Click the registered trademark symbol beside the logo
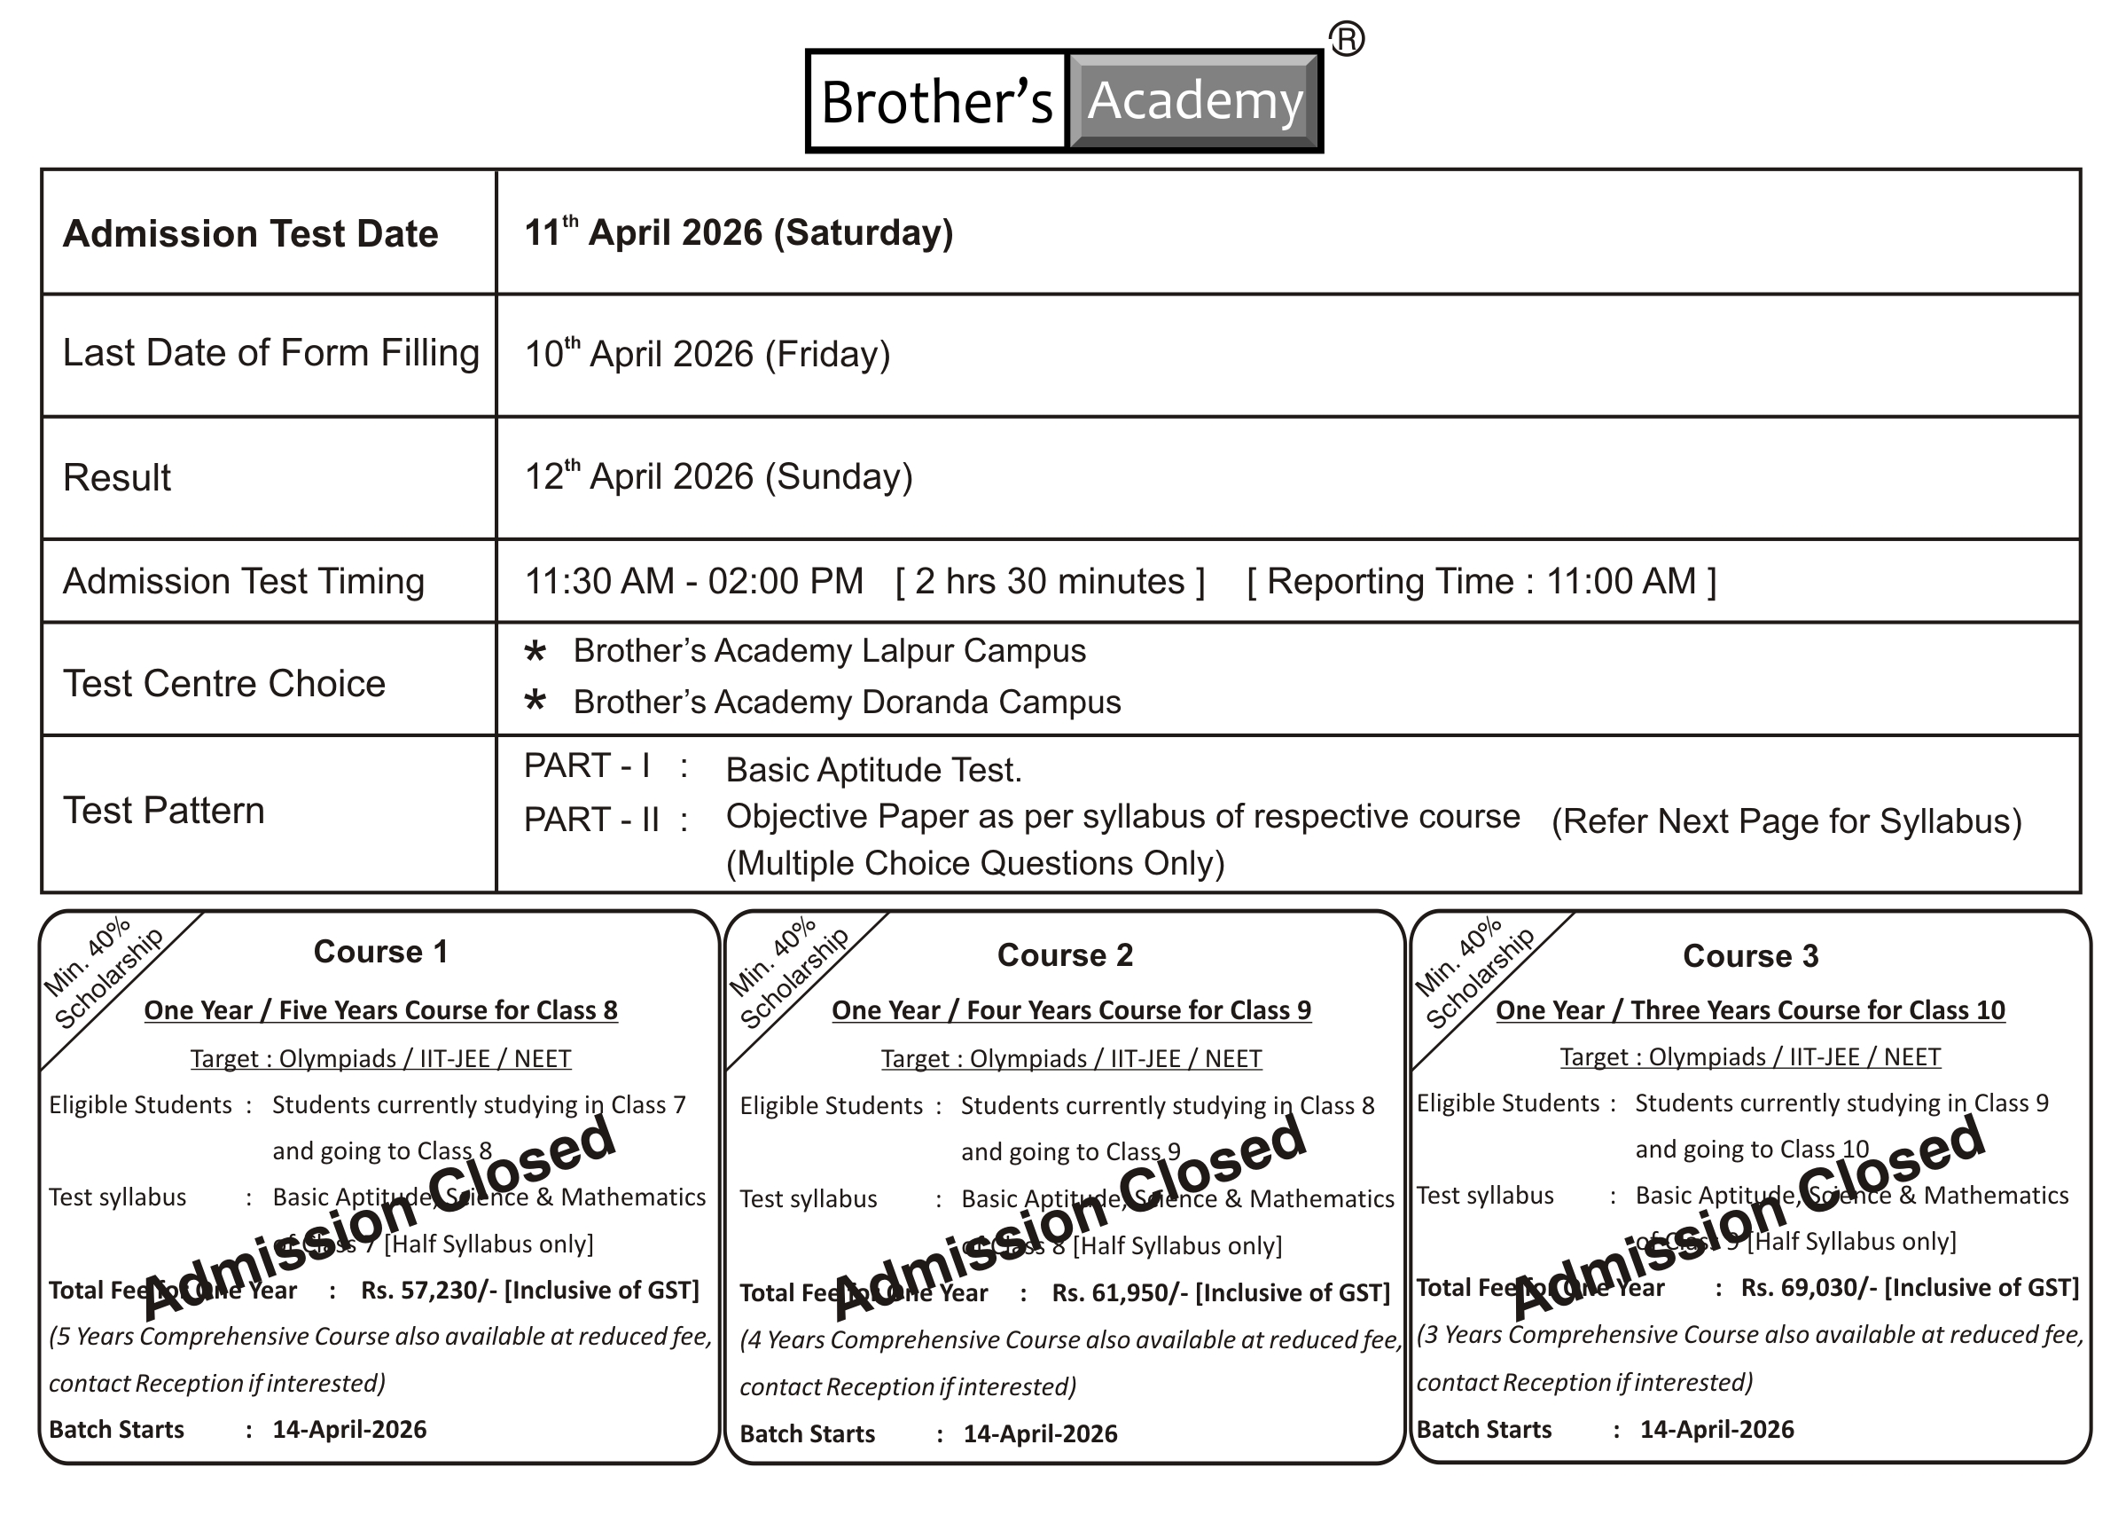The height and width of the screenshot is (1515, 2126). pos(1347,39)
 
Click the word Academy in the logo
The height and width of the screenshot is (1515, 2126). pos(1194,101)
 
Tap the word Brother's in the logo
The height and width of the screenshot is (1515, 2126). pos(936,102)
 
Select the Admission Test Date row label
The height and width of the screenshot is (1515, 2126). pos(250,233)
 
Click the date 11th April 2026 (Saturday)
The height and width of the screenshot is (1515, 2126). pos(739,232)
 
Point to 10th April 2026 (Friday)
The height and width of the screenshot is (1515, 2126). pos(707,354)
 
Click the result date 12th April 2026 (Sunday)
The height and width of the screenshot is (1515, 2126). pos(718,475)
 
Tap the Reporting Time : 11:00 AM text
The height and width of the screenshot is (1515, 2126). pos(1481,581)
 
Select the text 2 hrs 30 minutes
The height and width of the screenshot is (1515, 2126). pos(1050,581)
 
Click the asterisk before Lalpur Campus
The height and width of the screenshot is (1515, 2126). pos(535,651)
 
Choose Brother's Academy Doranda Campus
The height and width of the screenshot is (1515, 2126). pos(846,703)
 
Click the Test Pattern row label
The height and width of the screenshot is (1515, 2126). pos(164,811)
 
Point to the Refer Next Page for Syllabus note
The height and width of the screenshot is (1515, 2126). pos(1786,821)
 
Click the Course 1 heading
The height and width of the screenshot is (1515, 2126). pos(380,952)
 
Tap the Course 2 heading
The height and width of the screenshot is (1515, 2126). pos(1065,955)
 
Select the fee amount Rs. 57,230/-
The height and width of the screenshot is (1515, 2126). pos(429,1291)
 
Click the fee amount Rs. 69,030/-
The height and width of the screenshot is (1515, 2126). pos(1809,1287)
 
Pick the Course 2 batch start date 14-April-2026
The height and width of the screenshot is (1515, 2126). pos(1040,1433)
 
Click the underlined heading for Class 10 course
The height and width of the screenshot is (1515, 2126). pos(1750,1010)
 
